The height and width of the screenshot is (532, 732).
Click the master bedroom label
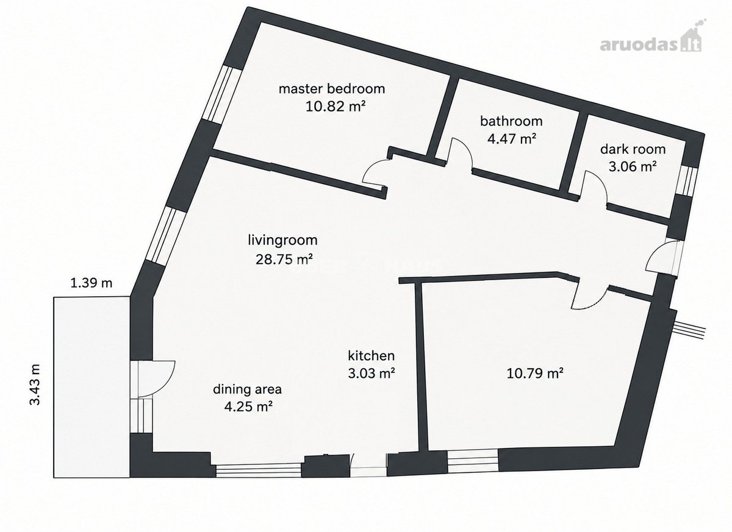(332, 89)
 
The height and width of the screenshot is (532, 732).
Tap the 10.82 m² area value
(335, 107)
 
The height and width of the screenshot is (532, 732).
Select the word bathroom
(511, 121)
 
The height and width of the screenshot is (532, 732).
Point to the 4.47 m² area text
(512, 139)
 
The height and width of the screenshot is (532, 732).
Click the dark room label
(633, 149)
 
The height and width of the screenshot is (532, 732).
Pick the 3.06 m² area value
(633, 167)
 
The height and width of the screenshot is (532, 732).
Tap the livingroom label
(282, 240)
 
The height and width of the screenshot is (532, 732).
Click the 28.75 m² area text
(284, 260)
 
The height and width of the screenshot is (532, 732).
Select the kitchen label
(371, 355)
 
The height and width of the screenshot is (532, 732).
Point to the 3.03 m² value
(371, 373)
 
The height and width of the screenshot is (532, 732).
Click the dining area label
(248, 389)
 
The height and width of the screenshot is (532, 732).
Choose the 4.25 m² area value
(248, 406)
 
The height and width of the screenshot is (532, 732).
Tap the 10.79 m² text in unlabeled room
(535, 373)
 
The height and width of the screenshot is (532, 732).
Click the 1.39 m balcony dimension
(91, 283)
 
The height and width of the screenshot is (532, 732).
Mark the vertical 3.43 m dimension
(35, 385)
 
